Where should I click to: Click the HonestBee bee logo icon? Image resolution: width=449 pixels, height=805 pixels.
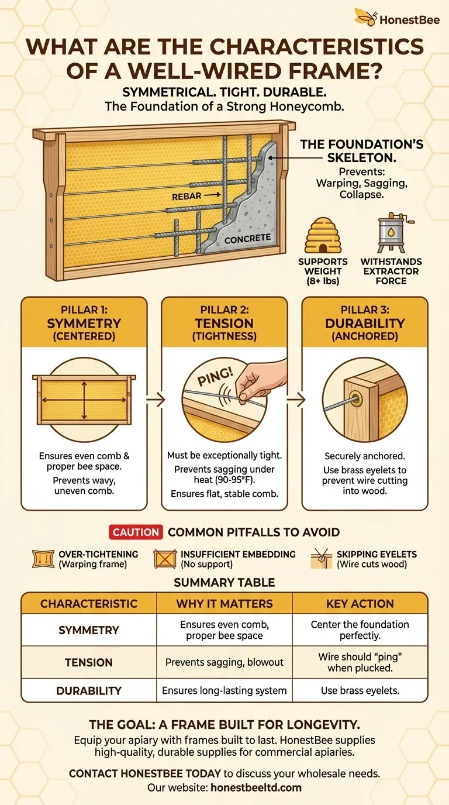tap(366, 17)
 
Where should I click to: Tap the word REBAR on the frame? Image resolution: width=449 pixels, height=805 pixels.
tap(186, 197)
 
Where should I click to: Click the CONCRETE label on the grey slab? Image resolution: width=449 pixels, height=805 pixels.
tap(247, 239)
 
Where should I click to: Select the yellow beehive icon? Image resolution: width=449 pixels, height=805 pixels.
tap(323, 235)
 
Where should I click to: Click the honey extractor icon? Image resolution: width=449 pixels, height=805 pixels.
tap(392, 233)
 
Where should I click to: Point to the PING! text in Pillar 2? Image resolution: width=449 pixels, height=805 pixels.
tap(215, 376)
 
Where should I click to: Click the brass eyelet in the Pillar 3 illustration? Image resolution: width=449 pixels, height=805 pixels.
tap(356, 399)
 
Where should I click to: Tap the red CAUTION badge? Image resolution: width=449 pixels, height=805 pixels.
tap(136, 532)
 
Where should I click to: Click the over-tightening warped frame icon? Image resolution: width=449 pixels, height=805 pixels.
tap(43, 559)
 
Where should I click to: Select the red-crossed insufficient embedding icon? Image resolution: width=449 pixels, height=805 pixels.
tap(165, 559)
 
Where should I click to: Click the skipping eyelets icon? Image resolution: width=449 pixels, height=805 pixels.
tap(322, 559)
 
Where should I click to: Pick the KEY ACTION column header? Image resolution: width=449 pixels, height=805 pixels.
tap(360, 603)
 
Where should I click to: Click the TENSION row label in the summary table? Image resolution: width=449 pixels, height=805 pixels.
tap(89, 662)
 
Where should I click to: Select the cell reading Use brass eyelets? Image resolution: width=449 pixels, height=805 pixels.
tap(360, 690)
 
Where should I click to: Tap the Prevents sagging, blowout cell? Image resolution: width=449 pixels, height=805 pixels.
tap(224, 662)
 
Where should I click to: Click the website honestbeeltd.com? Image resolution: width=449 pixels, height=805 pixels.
tap(255, 787)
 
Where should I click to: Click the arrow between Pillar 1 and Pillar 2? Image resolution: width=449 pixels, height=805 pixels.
tap(155, 399)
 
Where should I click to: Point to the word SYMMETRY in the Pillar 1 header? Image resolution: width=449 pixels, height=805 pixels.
tap(84, 324)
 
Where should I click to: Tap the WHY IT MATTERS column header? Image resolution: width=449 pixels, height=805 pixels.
tap(224, 603)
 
